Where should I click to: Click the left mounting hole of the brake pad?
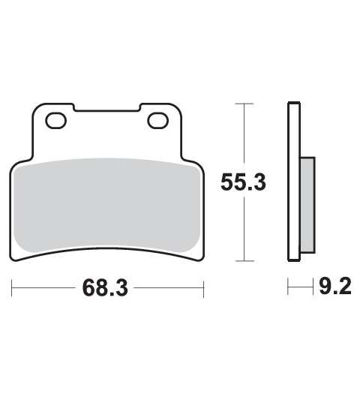[x=55, y=120]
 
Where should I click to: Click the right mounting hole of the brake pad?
[x=157, y=120]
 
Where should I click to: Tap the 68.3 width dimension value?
[x=105, y=288]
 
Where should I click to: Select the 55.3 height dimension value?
[x=243, y=182]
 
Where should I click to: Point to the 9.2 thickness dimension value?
[x=335, y=286]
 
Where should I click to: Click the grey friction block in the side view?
[x=307, y=205]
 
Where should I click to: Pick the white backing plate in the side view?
[x=294, y=182]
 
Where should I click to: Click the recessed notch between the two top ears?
[x=107, y=108]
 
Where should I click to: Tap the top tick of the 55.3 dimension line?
[x=244, y=104]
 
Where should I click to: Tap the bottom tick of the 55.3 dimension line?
[x=244, y=261]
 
